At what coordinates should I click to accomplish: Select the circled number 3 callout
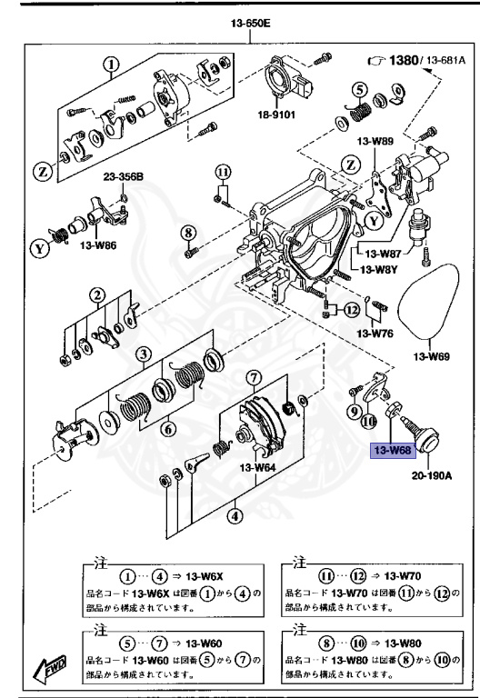point(142,353)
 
